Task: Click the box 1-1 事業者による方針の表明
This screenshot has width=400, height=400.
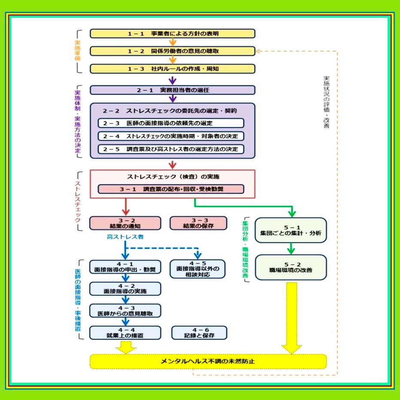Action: pos(172,34)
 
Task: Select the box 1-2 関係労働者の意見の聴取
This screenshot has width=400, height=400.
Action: pos(172,51)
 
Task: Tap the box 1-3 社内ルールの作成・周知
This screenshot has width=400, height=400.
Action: pos(172,69)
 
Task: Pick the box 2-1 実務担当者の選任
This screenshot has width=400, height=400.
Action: pos(172,90)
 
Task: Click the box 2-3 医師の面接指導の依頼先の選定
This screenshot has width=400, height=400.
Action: pos(171,123)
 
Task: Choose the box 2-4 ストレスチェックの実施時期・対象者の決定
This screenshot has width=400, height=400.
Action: pos(171,136)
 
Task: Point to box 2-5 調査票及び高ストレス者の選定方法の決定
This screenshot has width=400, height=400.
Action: pos(171,149)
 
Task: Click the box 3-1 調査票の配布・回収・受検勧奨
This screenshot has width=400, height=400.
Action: pos(171,189)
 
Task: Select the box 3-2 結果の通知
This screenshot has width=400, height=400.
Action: pos(125,223)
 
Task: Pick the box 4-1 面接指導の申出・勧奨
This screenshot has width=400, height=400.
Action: pos(125,267)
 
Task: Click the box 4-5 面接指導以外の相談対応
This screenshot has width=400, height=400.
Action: pos(198,269)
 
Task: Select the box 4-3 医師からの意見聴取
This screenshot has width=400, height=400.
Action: pos(125,311)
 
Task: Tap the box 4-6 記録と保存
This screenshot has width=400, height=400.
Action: pos(199,332)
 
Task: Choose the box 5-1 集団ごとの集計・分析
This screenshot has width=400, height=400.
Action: pos(291,230)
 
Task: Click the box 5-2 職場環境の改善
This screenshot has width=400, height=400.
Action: pos(291,267)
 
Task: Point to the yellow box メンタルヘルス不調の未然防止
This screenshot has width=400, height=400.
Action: pos(208,361)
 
